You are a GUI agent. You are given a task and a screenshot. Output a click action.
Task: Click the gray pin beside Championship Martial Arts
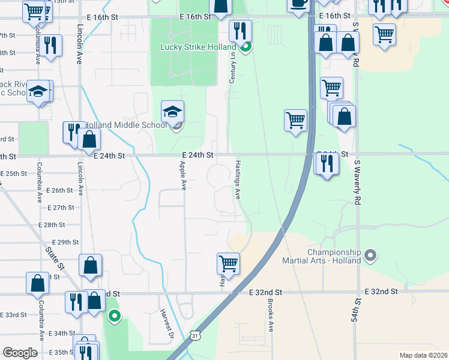click(x=370, y=256)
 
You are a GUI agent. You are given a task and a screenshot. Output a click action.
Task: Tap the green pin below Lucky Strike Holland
click(x=244, y=46)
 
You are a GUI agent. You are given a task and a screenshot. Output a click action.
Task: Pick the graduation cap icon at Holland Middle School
click(x=172, y=111)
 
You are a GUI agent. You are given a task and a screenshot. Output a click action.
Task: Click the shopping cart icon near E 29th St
click(x=228, y=262)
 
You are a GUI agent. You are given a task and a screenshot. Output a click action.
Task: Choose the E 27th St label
click(x=59, y=208)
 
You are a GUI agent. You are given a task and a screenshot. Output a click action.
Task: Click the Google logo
click(x=20, y=353)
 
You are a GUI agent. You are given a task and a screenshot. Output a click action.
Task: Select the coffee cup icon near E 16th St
click(x=298, y=3)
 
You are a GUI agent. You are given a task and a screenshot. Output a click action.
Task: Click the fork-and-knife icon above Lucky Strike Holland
click(x=241, y=29)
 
